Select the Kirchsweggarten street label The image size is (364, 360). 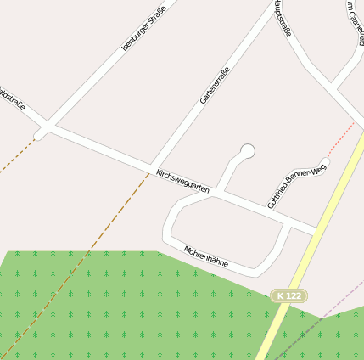(x=182, y=181)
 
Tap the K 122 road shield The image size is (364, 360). (x=288, y=295)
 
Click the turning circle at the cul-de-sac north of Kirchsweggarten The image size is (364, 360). (x=248, y=151)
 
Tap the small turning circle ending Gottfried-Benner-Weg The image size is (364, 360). (x=325, y=162)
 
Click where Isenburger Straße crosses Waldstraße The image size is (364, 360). (x=48, y=127)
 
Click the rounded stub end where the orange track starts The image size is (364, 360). (x=37, y=136)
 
